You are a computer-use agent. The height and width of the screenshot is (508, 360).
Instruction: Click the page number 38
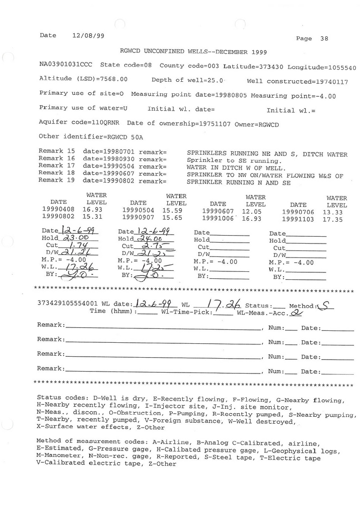pos(324,39)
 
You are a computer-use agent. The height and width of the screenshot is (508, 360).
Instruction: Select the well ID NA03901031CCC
pos(67,65)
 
